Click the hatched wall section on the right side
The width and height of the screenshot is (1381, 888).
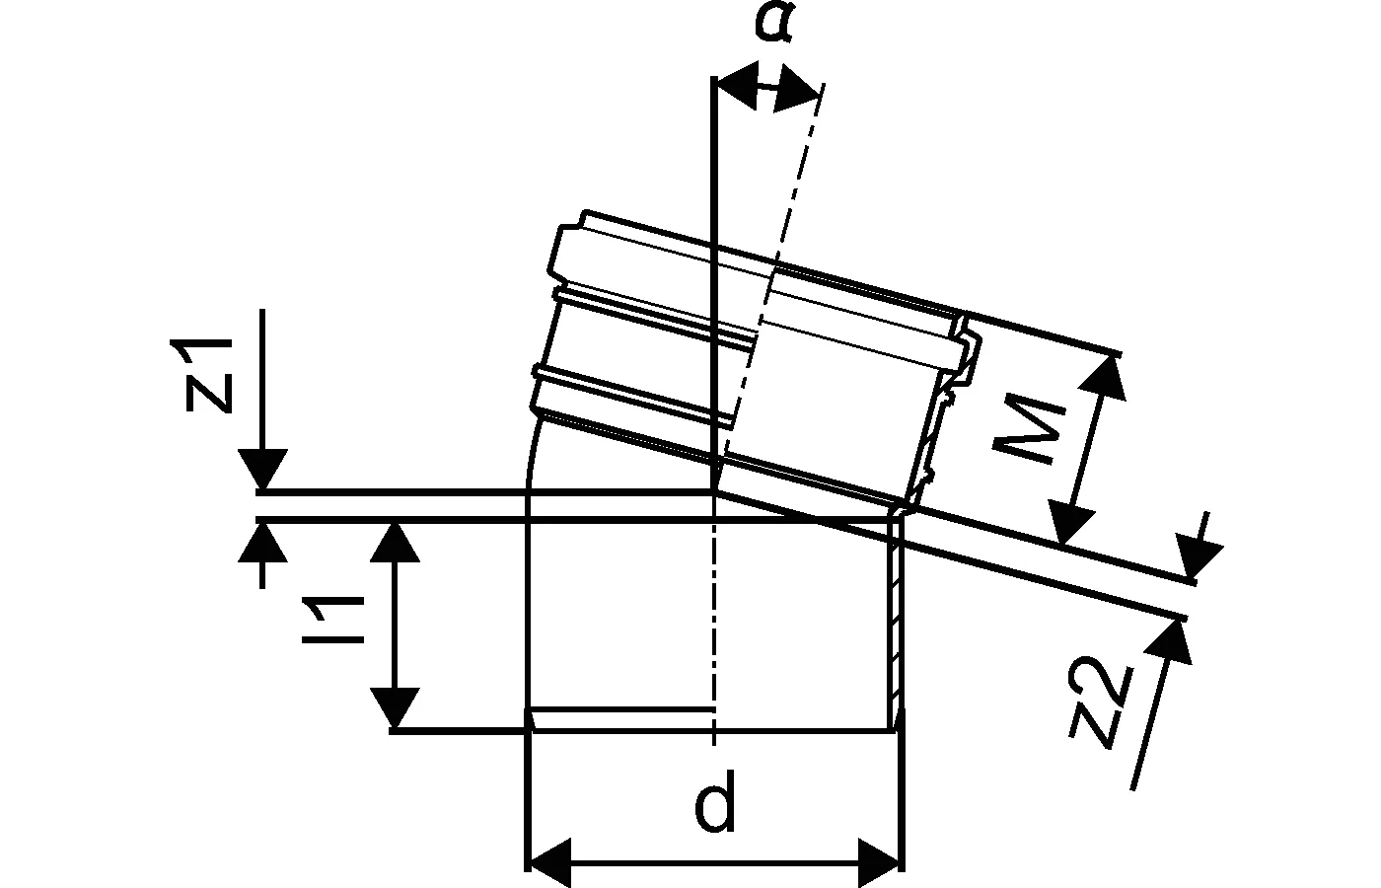tap(895, 622)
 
